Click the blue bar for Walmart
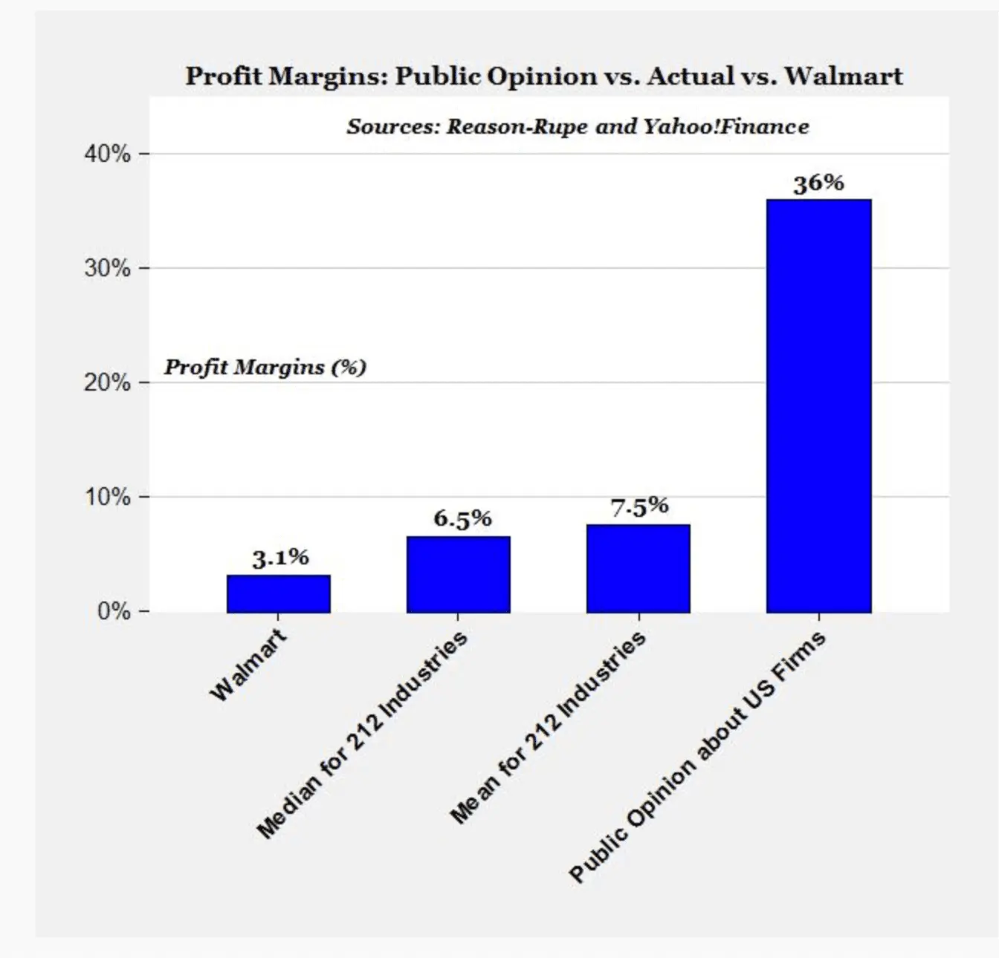pyautogui.click(x=279, y=593)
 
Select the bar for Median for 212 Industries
pyautogui.click(x=459, y=574)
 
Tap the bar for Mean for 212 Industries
pyautogui.click(x=638, y=568)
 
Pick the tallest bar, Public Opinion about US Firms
pyautogui.click(x=818, y=405)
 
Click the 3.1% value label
pyautogui.click(x=280, y=558)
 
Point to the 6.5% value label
pyautogui.click(x=462, y=518)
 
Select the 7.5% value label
pyautogui.click(x=639, y=507)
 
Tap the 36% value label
pyautogui.click(x=818, y=183)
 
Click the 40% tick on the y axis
pyautogui.click(x=108, y=154)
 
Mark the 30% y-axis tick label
pyautogui.click(x=108, y=268)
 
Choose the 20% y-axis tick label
pyautogui.click(x=108, y=382)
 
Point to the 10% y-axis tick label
pyautogui.click(x=108, y=497)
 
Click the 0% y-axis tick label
pyautogui.click(x=114, y=611)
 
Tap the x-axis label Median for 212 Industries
pyautogui.click(x=363, y=734)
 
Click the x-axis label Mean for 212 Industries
pyautogui.click(x=549, y=727)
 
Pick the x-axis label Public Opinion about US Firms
pyautogui.click(x=697, y=757)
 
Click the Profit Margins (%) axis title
pyautogui.click(x=265, y=367)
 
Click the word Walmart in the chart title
pyautogui.click(x=844, y=76)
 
